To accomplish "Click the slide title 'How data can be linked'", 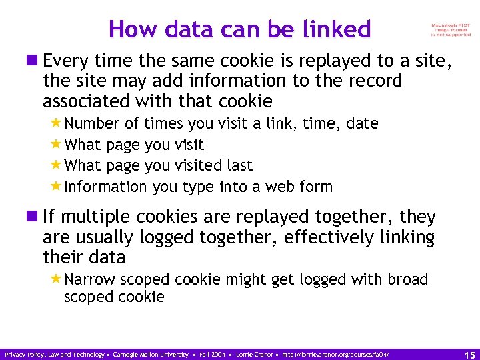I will click(240, 29).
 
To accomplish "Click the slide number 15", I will click(469, 355).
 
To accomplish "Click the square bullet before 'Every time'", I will click(33, 62).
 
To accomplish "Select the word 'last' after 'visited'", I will click(239, 165).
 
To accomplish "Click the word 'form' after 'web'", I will click(316, 187).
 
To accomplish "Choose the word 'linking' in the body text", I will click(408, 237).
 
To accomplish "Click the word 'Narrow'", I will click(91, 279).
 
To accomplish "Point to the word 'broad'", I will click(408, 279).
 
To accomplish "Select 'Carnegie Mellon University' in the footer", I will click(151, 355).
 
